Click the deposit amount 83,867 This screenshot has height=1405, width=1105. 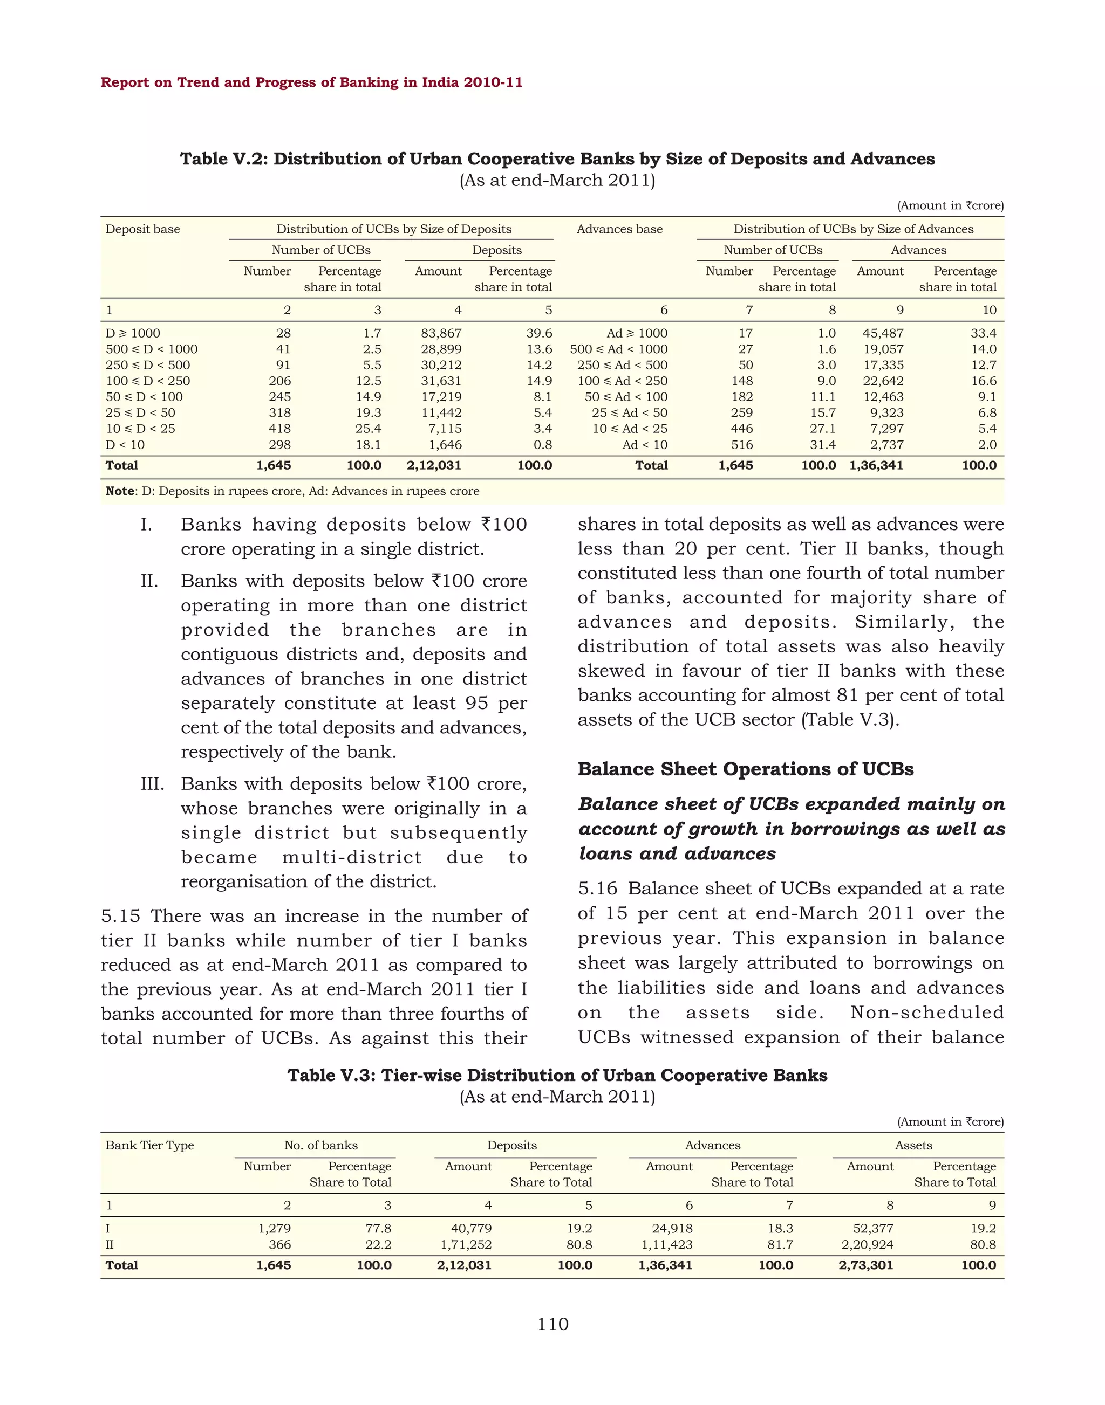point(441,333)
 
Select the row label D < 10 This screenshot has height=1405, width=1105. point(125,445)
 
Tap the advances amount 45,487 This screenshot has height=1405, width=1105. point(883,333)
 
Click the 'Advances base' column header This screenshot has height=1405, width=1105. point(619,229)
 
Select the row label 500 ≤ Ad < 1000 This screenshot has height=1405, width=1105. point(618,349)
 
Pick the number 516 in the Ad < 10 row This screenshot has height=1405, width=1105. point(742,445)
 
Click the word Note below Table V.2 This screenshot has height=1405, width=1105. point(120,491)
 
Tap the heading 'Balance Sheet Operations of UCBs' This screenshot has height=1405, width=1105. point(745,769)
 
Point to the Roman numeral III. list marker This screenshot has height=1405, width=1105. point(152,784)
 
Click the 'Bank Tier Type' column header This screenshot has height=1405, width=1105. point(149,1145)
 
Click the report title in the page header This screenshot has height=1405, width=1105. point(311,83)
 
